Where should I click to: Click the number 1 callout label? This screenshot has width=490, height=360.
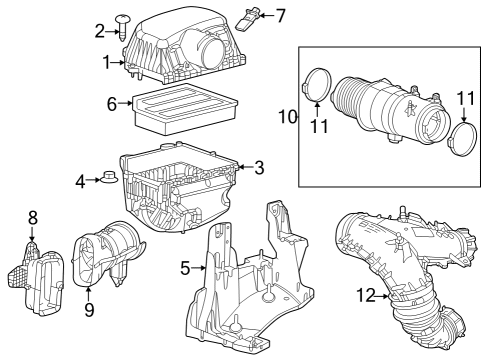click(x=107, y=63)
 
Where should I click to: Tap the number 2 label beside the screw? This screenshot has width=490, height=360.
click(x=100, y=30)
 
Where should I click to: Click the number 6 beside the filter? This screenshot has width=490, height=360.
click(x=113, y=103)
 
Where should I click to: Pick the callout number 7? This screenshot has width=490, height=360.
click(x=280, y=15)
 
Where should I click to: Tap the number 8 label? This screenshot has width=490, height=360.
click(x=32, y=216)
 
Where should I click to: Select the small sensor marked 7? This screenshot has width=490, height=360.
click(x=254, y=13)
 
